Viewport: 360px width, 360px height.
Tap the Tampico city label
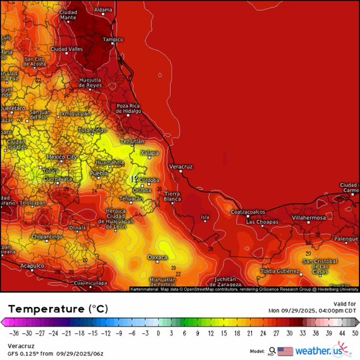[x=113, y=39]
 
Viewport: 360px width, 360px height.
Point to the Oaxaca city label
[x=157, y=257]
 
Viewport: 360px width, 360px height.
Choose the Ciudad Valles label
[x=66, y=49]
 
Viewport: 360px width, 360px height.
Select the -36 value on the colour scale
[x=13, y=333]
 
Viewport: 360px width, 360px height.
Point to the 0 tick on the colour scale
[x=158, y=333]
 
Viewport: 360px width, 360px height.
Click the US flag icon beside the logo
[x=285, y=351]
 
